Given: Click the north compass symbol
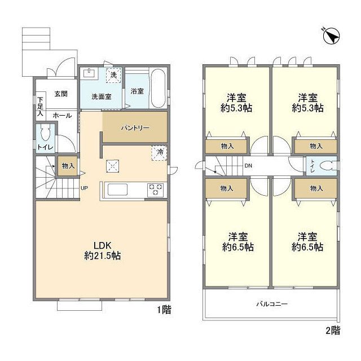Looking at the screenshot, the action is point(331,36).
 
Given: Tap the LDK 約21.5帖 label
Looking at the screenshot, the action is point(103,250).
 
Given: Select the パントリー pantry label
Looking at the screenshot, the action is point(135,128).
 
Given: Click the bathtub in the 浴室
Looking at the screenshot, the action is point(158,88).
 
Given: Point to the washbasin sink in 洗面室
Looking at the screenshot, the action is point(89,73).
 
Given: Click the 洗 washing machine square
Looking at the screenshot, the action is point(113,75).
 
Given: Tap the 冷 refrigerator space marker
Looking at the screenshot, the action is point(159,153).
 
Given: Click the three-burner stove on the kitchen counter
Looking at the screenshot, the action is point(156,190).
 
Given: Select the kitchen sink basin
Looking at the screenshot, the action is point(117,190).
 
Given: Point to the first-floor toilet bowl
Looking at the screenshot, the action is point(45,133).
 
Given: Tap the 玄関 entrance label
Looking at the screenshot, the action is point(61,94).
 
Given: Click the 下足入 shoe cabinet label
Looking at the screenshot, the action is point(40,107).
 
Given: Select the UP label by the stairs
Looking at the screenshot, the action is point(84,188).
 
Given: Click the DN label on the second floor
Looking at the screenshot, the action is point(248,165).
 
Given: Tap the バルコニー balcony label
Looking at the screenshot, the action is point(272,304).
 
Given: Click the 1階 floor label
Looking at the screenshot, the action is point(164,310).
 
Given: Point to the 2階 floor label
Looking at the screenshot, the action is point(333,331).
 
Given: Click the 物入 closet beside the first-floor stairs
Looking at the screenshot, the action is point(68,166).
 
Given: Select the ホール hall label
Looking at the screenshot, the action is point(62,116).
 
